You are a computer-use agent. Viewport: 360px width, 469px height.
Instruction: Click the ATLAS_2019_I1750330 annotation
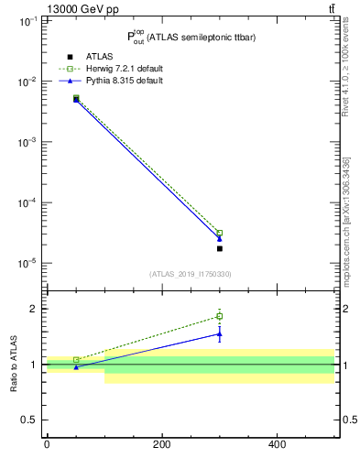191,274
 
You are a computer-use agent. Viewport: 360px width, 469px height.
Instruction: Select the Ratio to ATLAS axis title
14,364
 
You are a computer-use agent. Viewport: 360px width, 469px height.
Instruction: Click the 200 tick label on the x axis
162,445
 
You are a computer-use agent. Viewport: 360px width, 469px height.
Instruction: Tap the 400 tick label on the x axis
278,445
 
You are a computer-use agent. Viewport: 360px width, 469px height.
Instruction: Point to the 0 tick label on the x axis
47,445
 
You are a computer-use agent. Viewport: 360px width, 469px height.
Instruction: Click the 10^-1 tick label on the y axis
27,21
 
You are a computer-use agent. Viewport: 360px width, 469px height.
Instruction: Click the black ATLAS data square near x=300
220,248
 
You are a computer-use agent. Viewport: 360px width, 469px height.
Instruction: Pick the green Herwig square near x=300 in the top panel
220,233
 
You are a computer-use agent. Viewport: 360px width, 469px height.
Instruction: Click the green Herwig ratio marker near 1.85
220,316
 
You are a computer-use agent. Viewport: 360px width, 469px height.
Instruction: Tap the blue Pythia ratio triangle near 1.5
220,333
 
